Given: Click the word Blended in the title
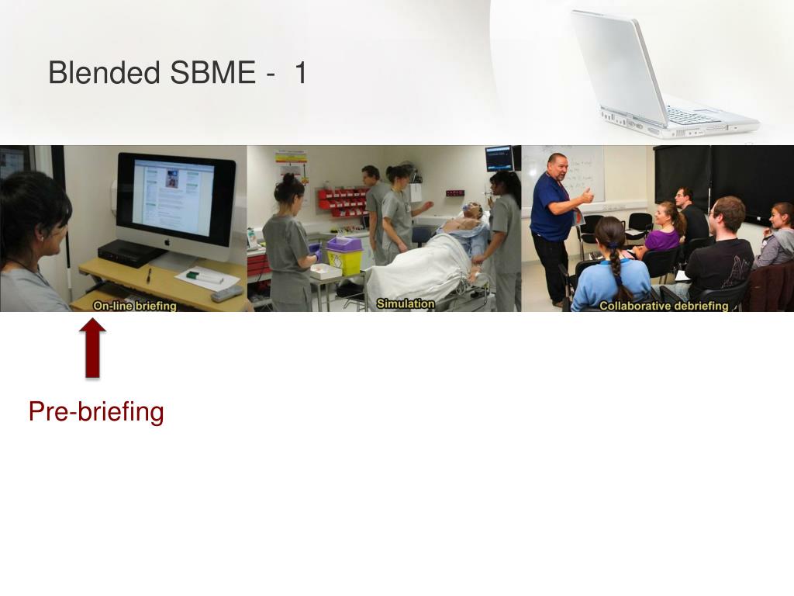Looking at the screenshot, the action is tap(105, 72).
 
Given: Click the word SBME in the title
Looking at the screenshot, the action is tap(213, 72).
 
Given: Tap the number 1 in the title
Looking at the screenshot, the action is tap(300, 72).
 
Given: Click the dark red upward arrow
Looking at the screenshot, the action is tap(93, 348).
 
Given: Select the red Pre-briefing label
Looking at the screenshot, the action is tap(96, 411).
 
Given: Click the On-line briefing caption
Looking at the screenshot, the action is tap(135, 306).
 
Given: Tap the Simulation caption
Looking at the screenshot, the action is tap(406, 303).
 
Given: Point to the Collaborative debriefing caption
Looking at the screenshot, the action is tap(664, 306).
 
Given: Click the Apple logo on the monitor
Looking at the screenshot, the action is tap(167, 242).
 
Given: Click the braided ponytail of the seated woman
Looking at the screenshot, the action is tap(616, 267).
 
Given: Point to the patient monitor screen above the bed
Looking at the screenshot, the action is tap(499, 158).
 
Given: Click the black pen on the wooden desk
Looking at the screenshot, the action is tap(148, 275).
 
